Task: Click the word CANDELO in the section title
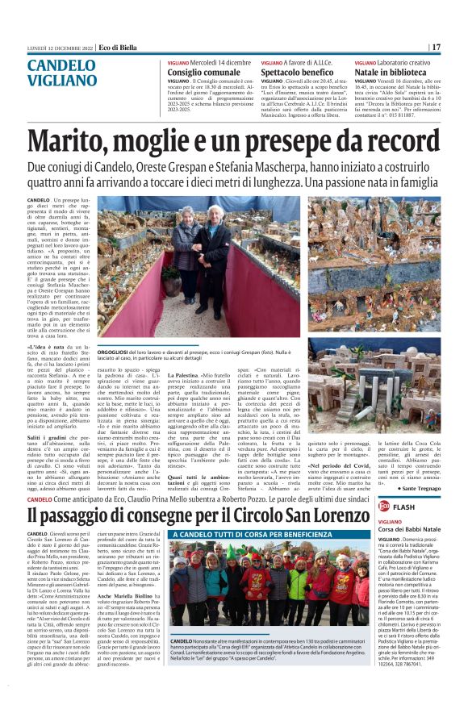tap(61, 65)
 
